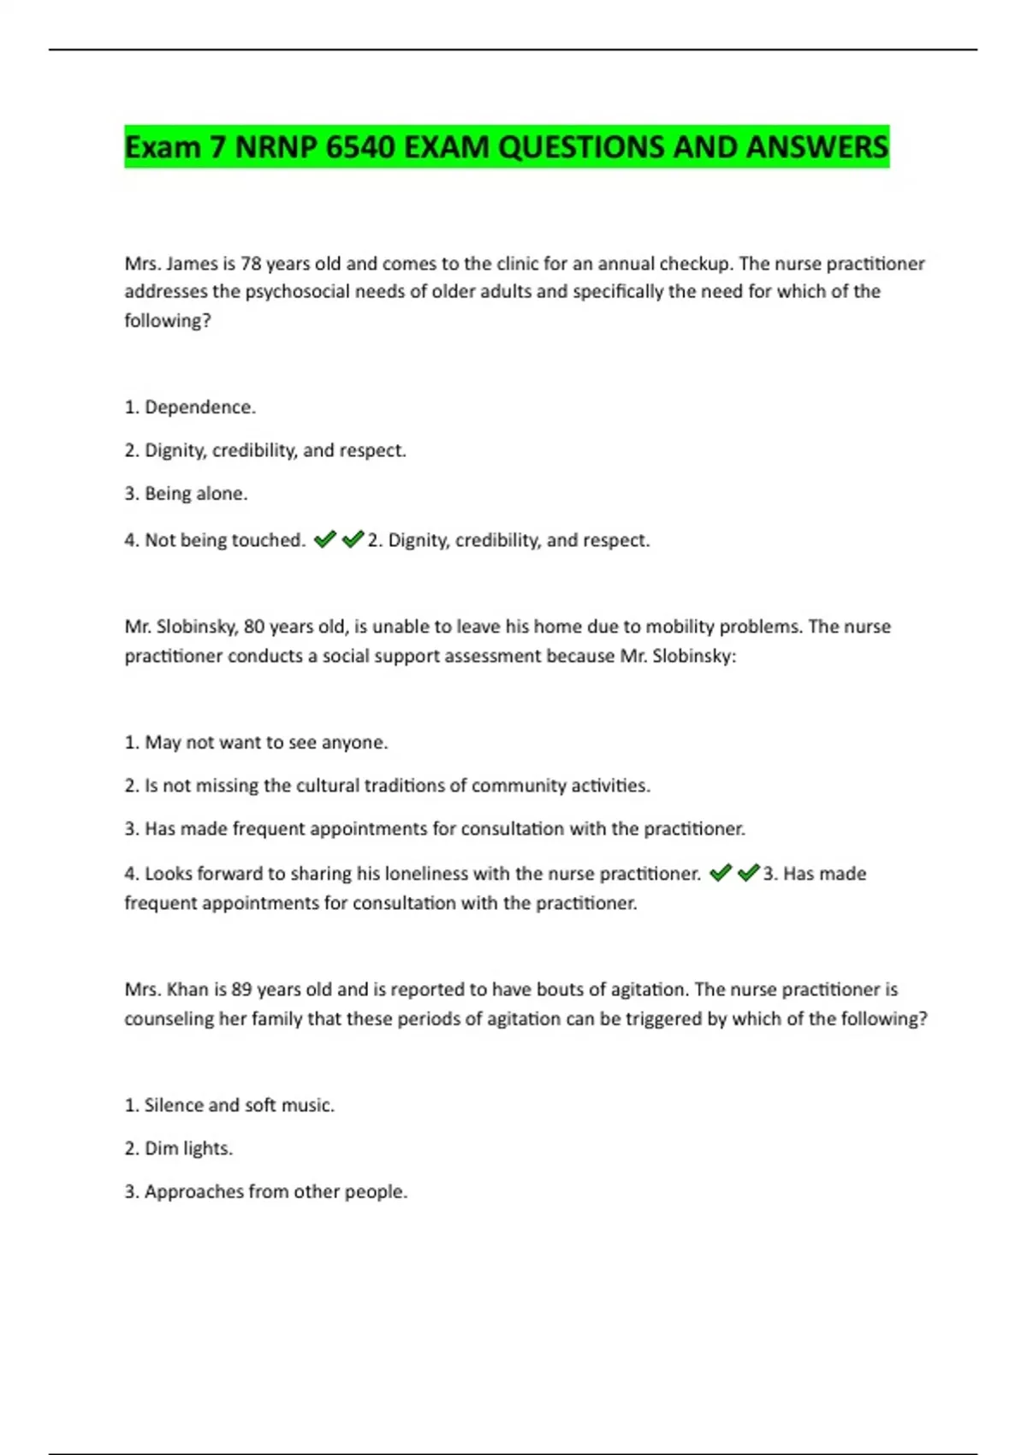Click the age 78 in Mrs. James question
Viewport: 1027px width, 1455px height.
[x=251, y=264]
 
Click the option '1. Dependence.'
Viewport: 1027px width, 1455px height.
[x=190, y=407]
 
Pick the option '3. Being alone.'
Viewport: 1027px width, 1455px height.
[x=186, y=494]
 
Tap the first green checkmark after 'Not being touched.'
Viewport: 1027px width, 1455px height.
[x=324, y=539]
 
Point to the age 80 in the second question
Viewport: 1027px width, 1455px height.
[x=254, y=627]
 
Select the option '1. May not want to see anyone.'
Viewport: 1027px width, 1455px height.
[x=256, y=743]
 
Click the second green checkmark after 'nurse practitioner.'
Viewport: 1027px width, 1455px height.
[x=749, y=873]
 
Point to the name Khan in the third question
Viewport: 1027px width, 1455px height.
[x=187, y=989]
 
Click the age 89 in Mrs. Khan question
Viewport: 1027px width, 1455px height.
[x=241, y=989]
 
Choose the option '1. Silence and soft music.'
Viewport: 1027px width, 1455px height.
[x=229, y=1106]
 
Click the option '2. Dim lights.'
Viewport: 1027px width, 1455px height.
[x=178, y=1149]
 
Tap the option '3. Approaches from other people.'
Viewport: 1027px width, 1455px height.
[x=265, y=1192]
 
